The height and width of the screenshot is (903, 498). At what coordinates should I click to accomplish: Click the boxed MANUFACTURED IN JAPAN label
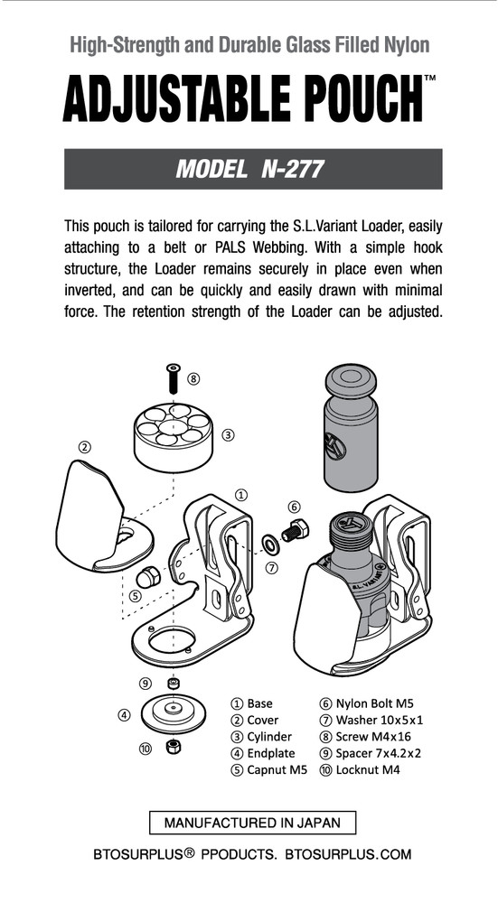pos(252,823)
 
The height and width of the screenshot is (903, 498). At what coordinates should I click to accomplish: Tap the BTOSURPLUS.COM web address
pos(348,853)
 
